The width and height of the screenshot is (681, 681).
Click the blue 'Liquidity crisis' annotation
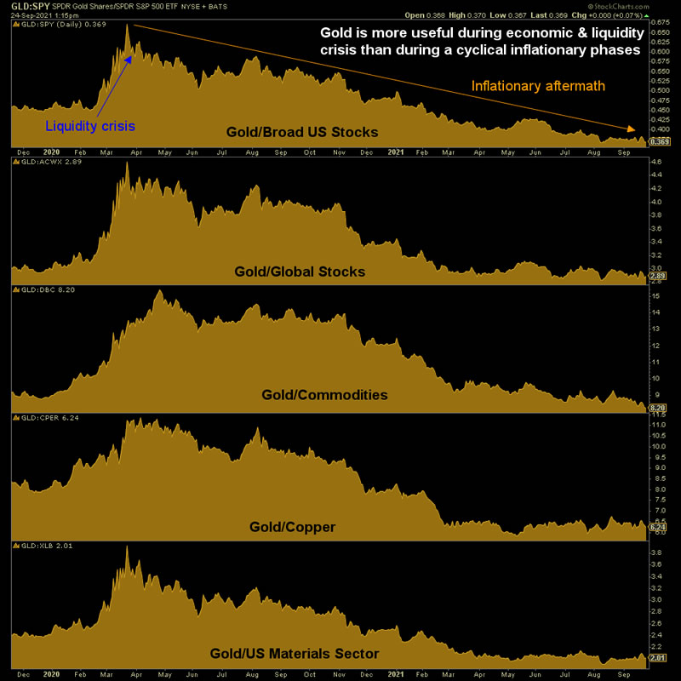click(x=90, y=126)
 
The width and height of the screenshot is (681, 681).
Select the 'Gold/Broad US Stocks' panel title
click(x=302, y=132)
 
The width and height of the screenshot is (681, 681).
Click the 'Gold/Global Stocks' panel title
click(x=300, y=272)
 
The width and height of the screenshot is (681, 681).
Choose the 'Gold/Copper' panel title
click(x=292, y=527)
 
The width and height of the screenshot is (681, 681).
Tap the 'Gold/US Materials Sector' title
click(x=294, y=653)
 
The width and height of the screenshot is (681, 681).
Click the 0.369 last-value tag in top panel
click(x=658, y=141)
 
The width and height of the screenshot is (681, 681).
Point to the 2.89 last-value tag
click(x=657, y=277)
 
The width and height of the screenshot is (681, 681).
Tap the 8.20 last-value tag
click(x=657, y=409)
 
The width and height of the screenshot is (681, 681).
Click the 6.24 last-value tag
click(x=657, y=528)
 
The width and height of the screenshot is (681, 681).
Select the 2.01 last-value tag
click(x=657, y=657)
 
